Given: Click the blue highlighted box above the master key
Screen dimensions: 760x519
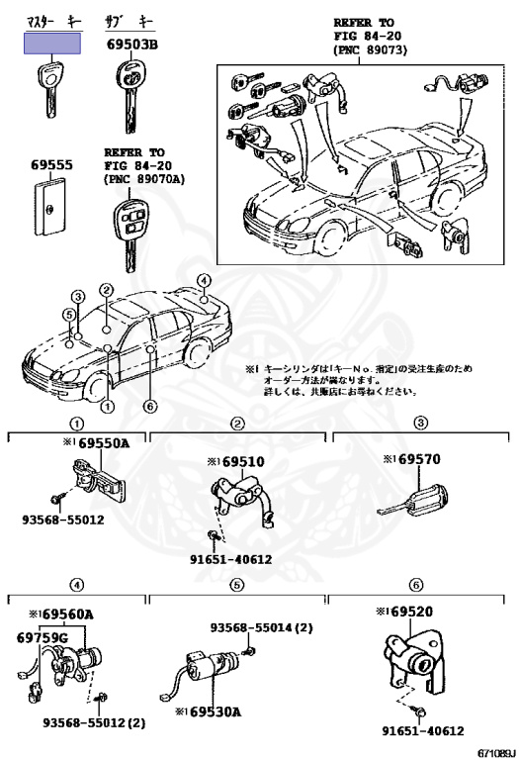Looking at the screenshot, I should tap(51, 44).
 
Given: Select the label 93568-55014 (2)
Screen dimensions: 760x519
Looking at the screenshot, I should tap(261, 627).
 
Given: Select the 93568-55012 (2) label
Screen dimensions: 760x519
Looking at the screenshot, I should tap(94, 721).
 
